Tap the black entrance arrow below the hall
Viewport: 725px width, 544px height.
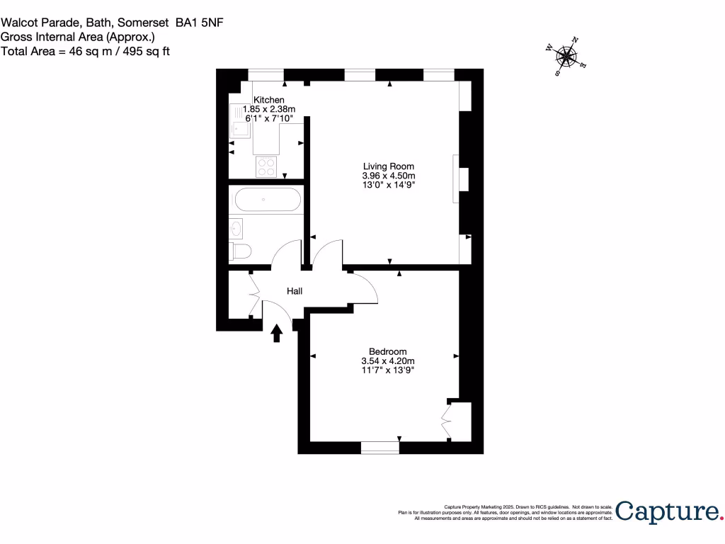click(277, 333)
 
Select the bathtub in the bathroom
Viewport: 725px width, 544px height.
click(265, 200)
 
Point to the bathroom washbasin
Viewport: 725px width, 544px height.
click(236, 228)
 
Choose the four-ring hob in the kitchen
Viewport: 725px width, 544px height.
click(268, 166)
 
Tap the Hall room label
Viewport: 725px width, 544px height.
click(295, 291)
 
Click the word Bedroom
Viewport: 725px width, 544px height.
click(388, 351)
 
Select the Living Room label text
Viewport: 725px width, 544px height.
click(388, 166)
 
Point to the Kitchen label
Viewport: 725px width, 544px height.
click(269, 100)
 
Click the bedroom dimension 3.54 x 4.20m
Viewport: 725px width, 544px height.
click(388, 361)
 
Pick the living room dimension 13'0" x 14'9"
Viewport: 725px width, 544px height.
click(388, 185)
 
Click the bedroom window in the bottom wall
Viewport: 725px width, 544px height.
click(379, 447)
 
